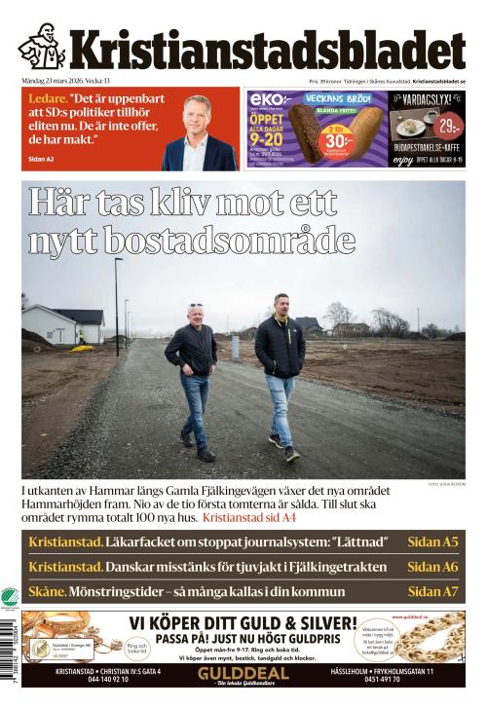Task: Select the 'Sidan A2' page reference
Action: coord(43,158)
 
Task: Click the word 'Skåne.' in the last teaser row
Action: coord(48,590)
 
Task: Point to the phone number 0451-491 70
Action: coord(401,680)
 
